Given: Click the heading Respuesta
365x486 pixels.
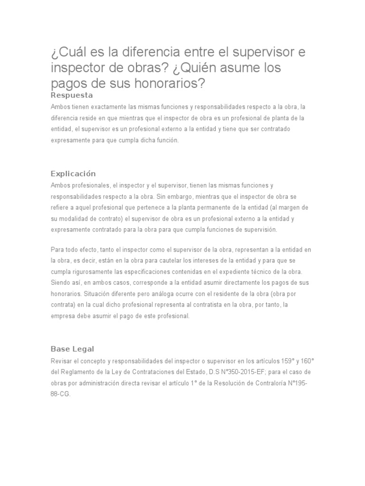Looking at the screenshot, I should pos(71,95).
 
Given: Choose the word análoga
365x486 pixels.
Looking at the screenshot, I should pos(151,294).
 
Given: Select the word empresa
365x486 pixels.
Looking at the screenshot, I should pos(63,316).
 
